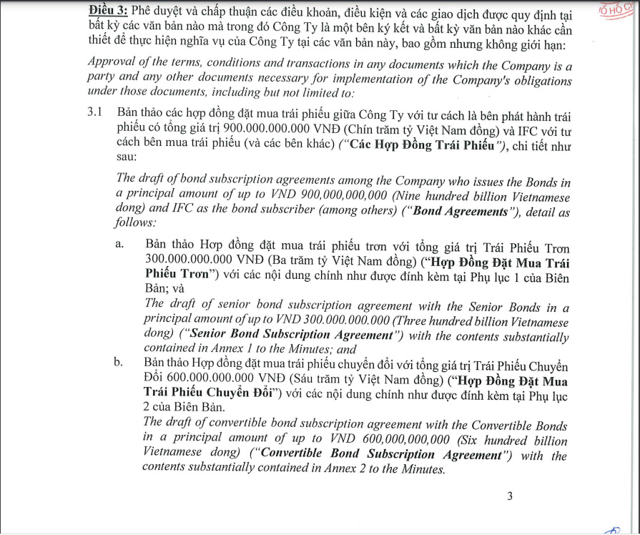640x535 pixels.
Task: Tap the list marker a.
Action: tap(119, 245)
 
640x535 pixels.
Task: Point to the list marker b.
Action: tap(119, 363)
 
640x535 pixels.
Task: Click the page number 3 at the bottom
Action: tap(509, 496)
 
